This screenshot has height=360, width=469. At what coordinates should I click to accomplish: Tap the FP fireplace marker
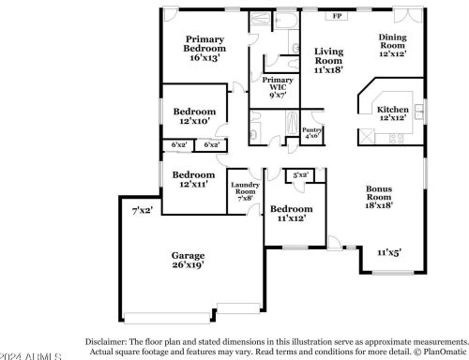pyautogui.click(x=338, y=16)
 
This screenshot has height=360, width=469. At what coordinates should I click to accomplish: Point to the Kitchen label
pyautogui.click(x=392, y=110)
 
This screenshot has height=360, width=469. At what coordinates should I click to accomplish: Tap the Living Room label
pyautogui.click(x=328, y=57)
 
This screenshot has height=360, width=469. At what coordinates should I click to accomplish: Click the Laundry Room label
pyautogui.click(x=245, y=188)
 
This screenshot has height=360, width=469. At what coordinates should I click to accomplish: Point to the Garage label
pyautogui.click(x=188, y=255)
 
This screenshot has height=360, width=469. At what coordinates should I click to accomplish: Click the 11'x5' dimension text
pyautogui.click(x=389, y=252)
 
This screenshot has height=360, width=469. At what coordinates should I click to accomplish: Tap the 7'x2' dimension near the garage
pyautogui.click(x=142, y=210)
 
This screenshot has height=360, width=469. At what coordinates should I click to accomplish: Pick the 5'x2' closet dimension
pyautogui.click(x=301, y=175)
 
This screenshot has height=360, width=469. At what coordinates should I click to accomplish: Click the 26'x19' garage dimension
pyautogui.click(x=188, y=265)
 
